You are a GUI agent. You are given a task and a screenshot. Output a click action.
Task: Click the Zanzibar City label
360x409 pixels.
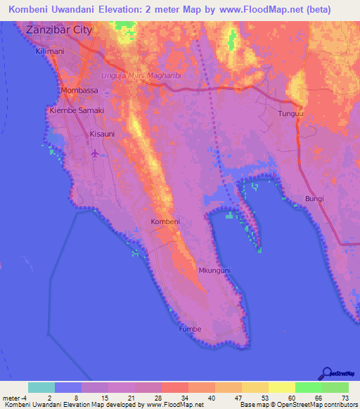point(59,30)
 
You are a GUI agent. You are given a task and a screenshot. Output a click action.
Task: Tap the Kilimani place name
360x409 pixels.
point(49,52)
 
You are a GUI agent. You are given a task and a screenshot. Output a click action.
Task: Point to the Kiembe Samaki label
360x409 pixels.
point(77,111)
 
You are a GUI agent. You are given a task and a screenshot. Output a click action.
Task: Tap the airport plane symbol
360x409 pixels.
point(96,152)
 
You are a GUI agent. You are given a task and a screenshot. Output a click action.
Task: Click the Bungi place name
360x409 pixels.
point(314,199)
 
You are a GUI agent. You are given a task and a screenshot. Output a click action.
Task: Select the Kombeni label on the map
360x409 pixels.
point(166,222)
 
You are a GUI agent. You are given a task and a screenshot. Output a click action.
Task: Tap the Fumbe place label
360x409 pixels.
point(189,329)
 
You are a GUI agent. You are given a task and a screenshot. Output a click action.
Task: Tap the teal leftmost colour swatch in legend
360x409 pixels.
point(41,387)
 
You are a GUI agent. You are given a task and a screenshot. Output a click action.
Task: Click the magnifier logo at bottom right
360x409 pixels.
point(327,372)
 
